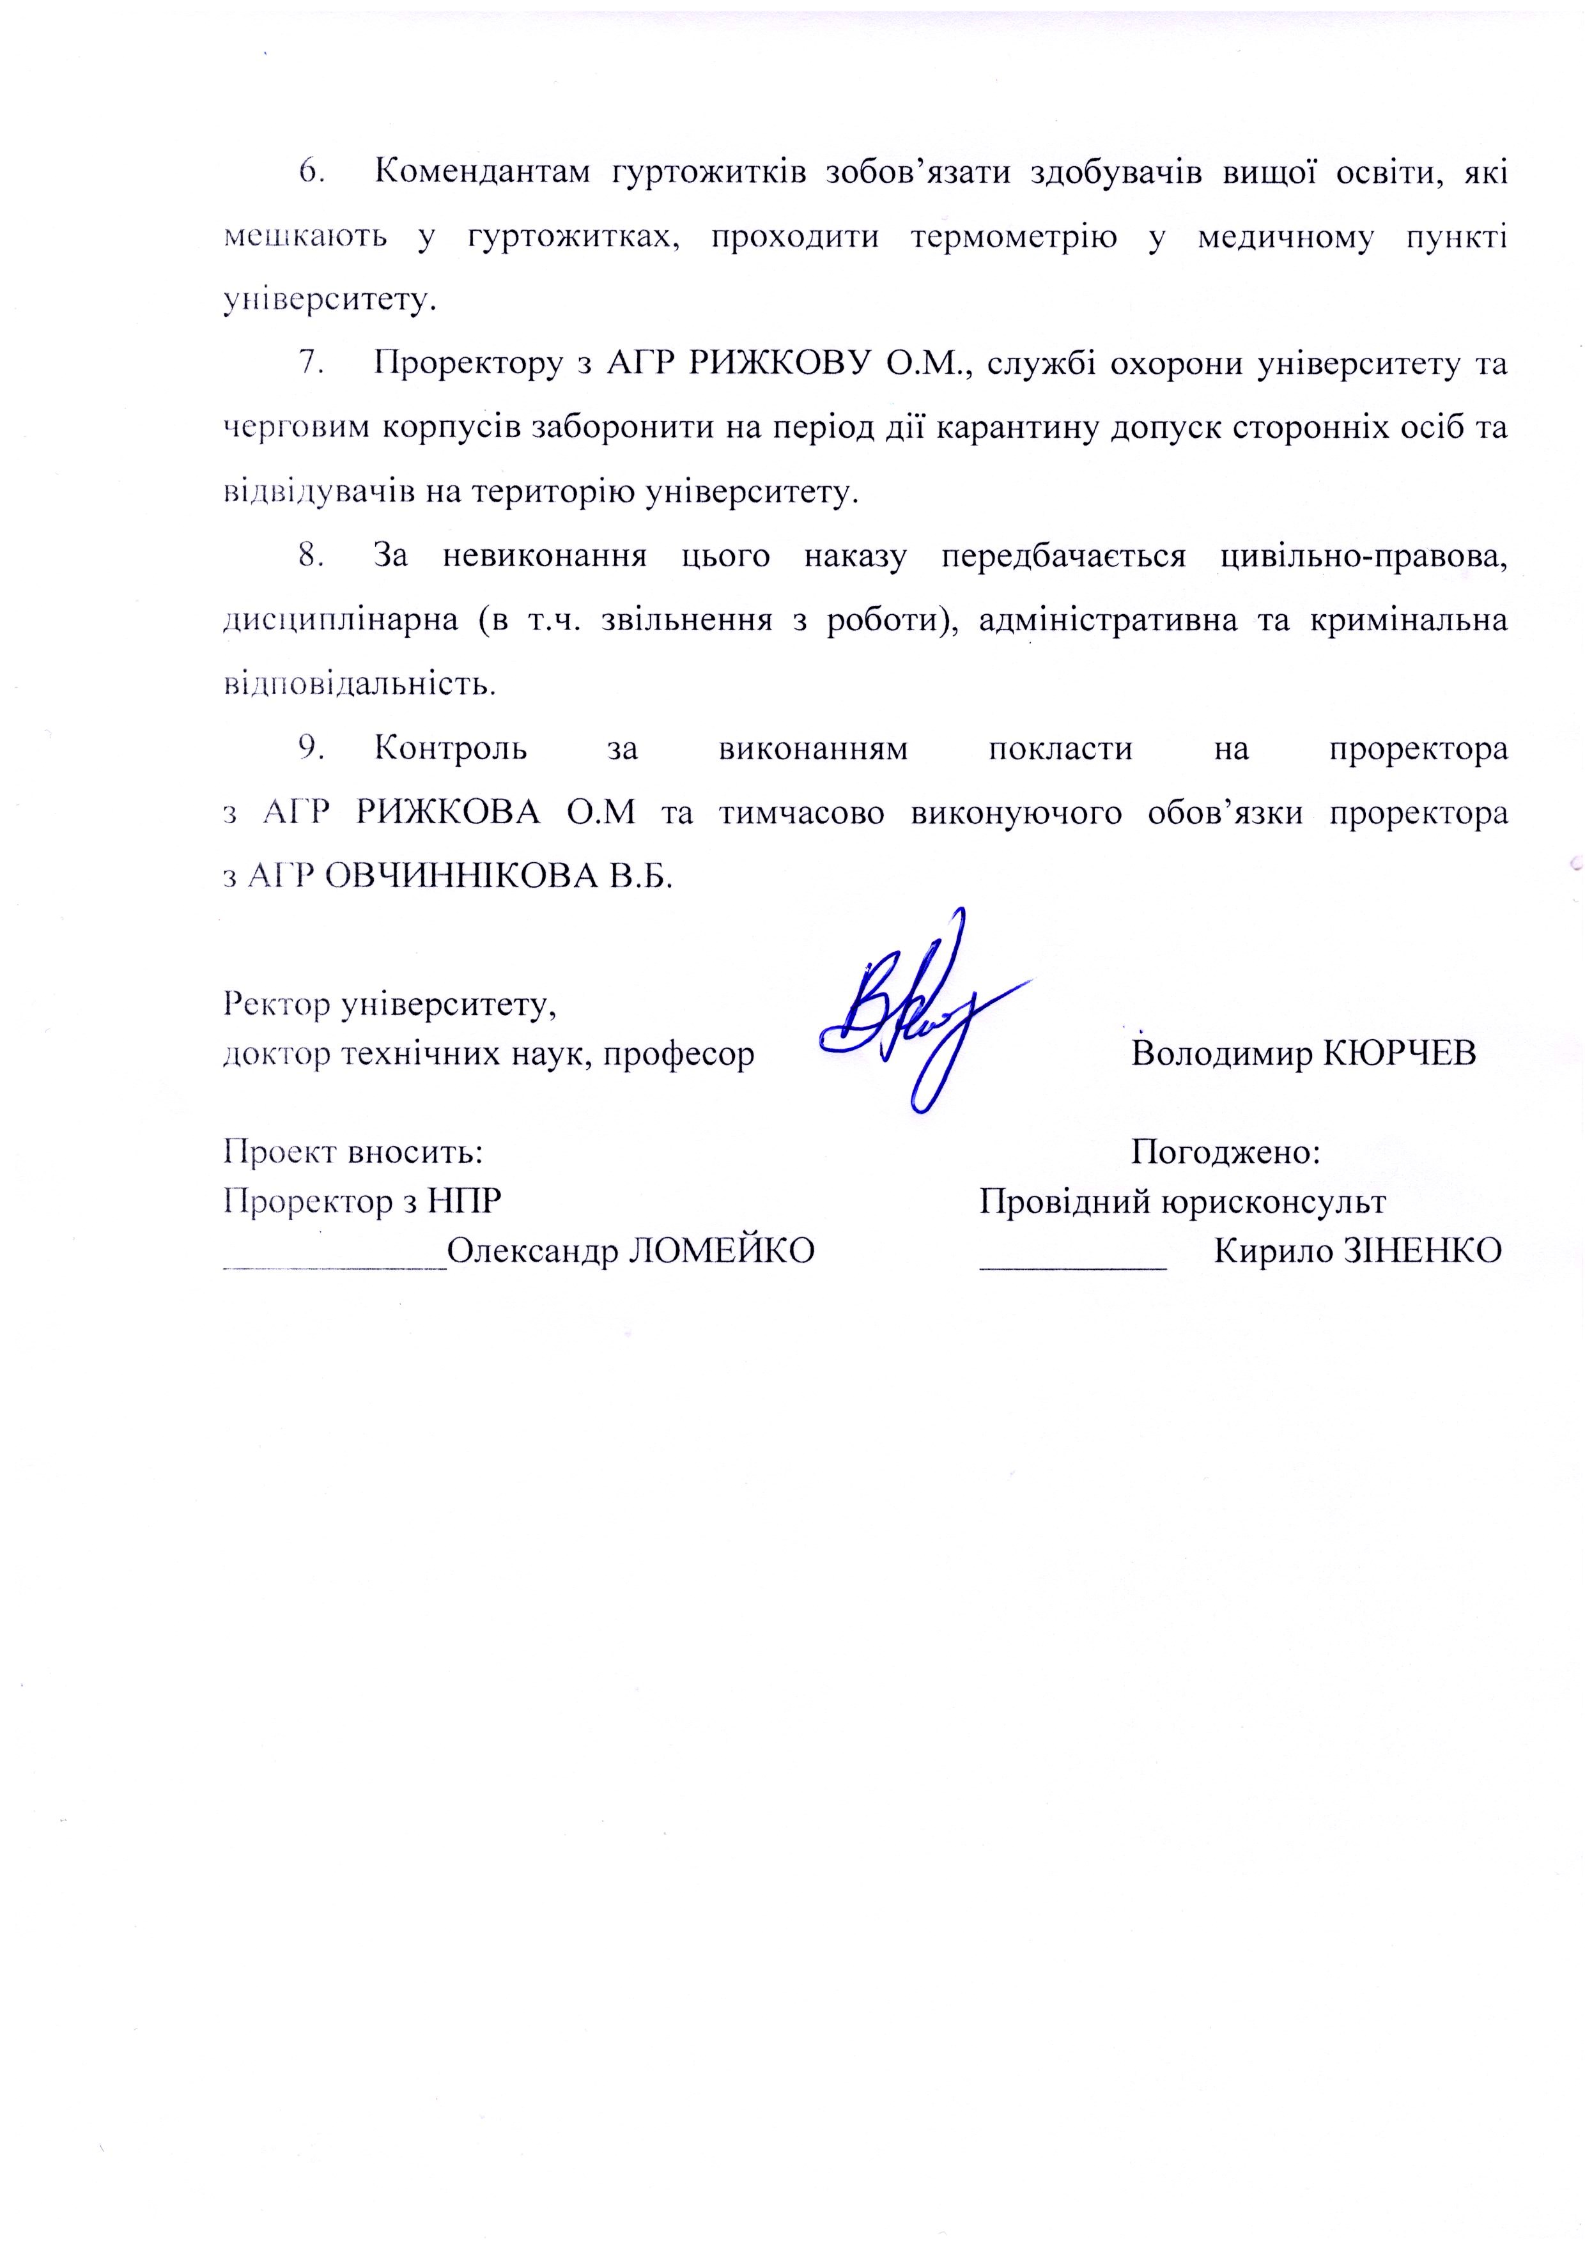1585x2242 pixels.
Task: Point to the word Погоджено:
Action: pyautogui.click(x=1226, y=1152)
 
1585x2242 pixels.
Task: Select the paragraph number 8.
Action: pyautogui.click(x=311, y=555)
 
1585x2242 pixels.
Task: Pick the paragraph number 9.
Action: pyautogui.click(x=311, y=748)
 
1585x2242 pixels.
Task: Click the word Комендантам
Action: pyautogui.click(x=483, y=172)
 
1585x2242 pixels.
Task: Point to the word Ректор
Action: pyautogui.click(x=275, y=1004)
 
